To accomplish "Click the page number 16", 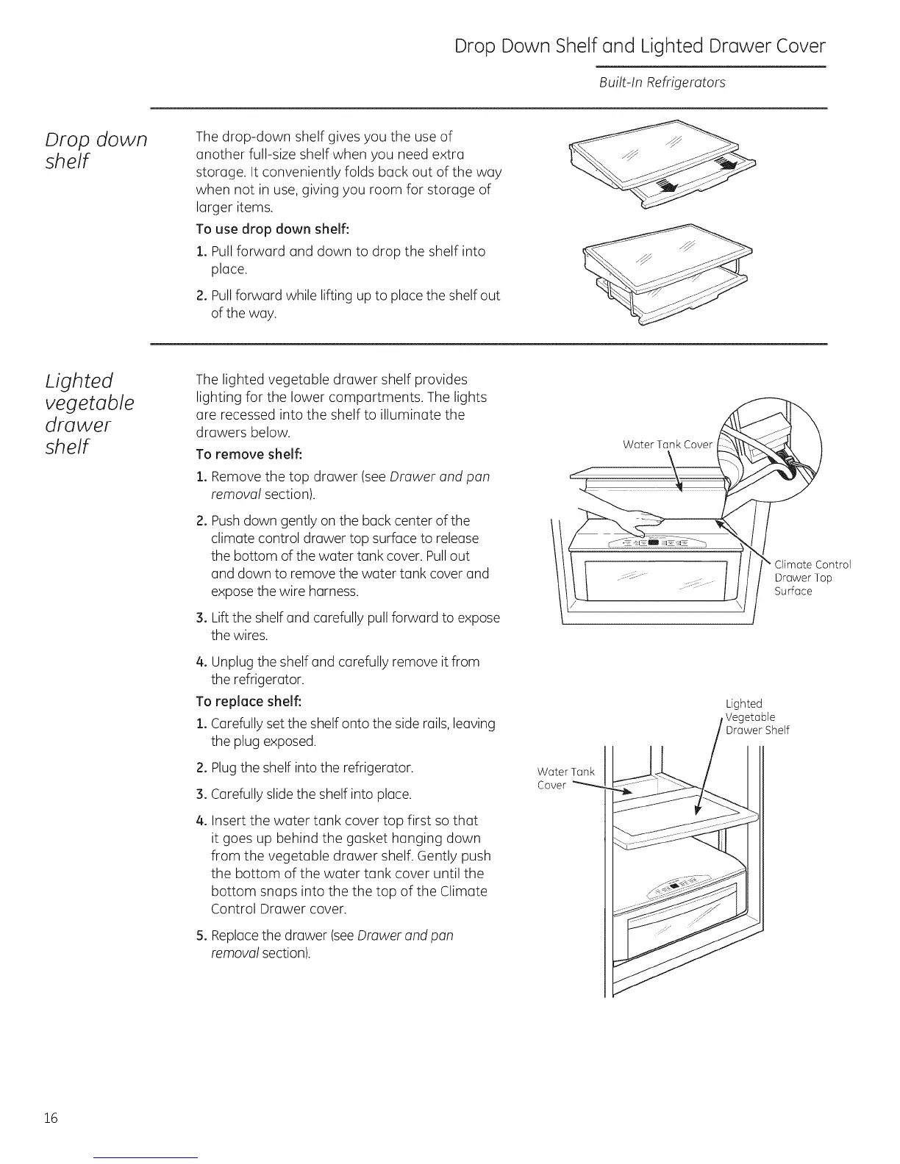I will (50, 1118).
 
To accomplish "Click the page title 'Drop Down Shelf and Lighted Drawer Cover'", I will (639, 46).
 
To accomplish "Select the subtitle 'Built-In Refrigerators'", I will (662, 82).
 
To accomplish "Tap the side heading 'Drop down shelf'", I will (96, 150).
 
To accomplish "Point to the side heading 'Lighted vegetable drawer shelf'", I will (90, 414).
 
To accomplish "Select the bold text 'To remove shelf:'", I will (249, 452).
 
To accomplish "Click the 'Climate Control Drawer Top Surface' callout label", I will (812, 578).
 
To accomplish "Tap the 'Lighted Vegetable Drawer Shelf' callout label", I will (757, 716).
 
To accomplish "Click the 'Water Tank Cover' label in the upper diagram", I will (667, 445).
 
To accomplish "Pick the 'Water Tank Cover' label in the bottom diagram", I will (565, 778).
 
